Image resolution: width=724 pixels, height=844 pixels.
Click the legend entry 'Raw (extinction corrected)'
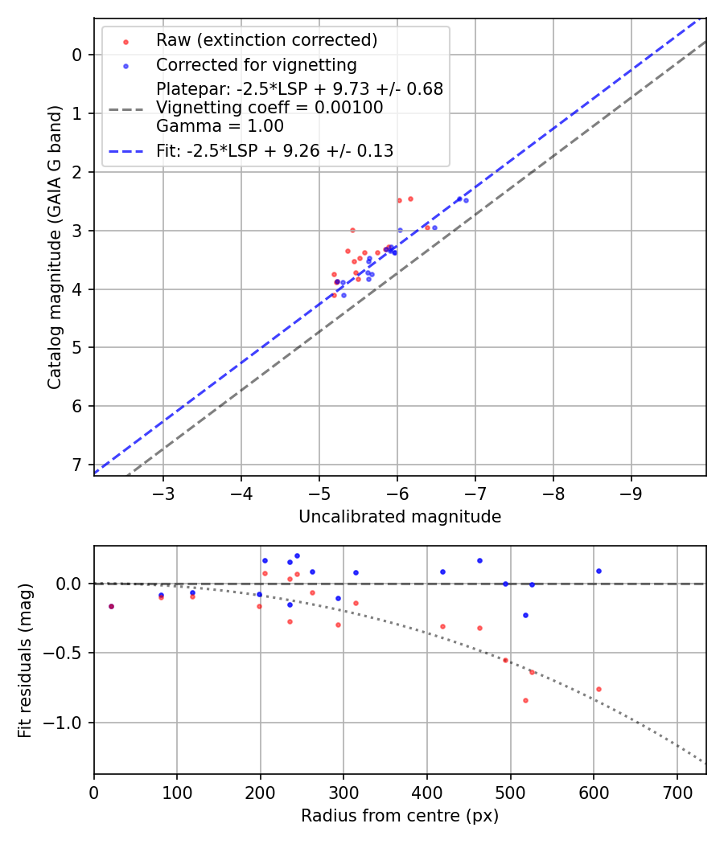click(266, 40)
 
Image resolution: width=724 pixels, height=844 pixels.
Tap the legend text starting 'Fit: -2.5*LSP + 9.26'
click(274, 150)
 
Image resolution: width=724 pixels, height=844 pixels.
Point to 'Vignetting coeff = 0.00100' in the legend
click(269, 108)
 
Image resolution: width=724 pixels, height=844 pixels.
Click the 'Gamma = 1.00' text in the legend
click(220, 126)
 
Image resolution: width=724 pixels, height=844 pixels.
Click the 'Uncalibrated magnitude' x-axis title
click(400, 517)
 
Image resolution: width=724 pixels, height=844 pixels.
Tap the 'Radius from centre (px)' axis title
click(400, 816)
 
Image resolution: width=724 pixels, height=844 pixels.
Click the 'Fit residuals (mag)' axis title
click(25, 660)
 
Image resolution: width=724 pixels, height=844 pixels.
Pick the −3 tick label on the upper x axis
click(163, 491)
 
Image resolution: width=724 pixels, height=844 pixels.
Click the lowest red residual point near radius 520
click(525, 700)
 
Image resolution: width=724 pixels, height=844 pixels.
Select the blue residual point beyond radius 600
click(599, 571)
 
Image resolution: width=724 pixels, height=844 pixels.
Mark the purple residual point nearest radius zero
click(111, 606)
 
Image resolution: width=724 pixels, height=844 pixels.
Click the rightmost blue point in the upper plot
click(466, 200)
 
